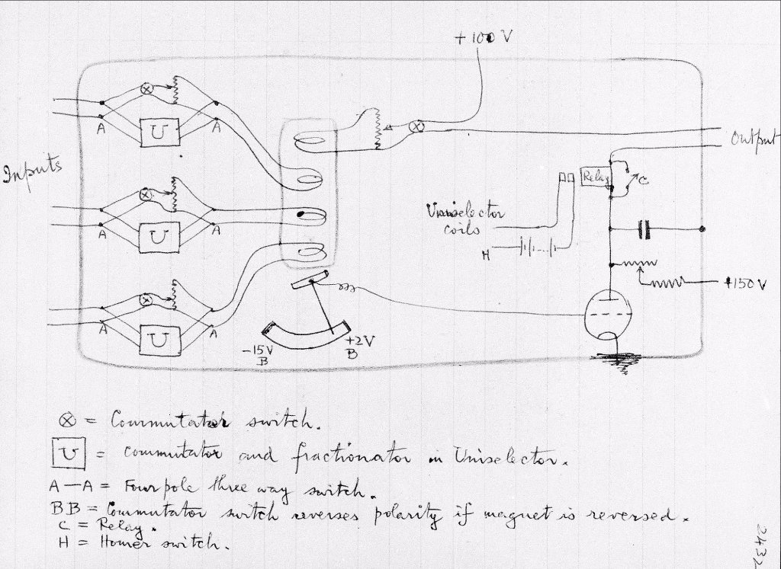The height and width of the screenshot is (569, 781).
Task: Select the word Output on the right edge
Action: click(x=754, y=139)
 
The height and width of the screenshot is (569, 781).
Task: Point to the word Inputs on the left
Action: click(x=32, y=172)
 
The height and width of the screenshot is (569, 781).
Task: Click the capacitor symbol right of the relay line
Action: click(x=646, y=227)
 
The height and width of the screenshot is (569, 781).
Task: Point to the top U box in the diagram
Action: click(x=158, y=133)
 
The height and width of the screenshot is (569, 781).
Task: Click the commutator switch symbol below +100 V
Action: click(x=418, y=126)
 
